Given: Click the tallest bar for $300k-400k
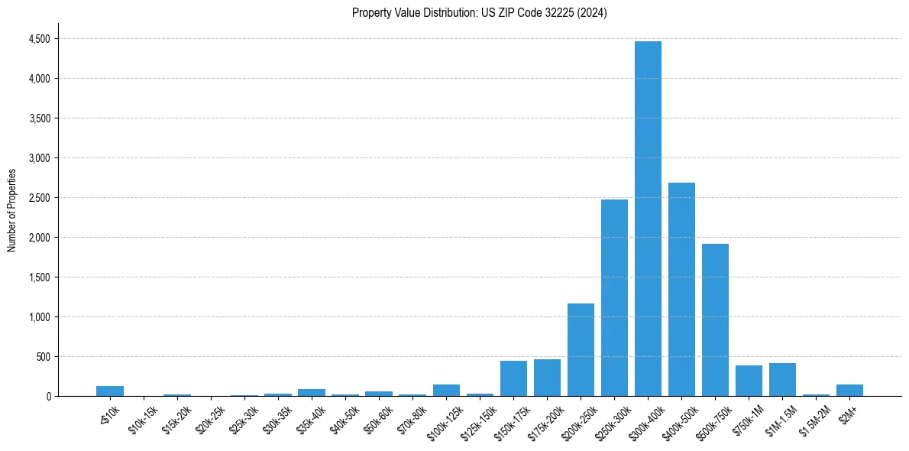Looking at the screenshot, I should coord(648,219).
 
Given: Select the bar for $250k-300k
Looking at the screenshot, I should coord(614,298).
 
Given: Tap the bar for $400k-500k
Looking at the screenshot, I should coord(681,289).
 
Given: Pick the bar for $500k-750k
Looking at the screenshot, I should coord(715,320).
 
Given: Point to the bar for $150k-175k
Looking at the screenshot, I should coord(513,378).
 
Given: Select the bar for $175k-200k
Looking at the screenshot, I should coord(547,378).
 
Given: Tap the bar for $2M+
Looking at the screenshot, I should coord(849,390).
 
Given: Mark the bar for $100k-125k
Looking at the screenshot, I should coord(446,390).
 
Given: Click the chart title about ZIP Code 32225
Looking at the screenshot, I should coord(479,13).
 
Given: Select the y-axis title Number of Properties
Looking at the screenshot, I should coord(11,210).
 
